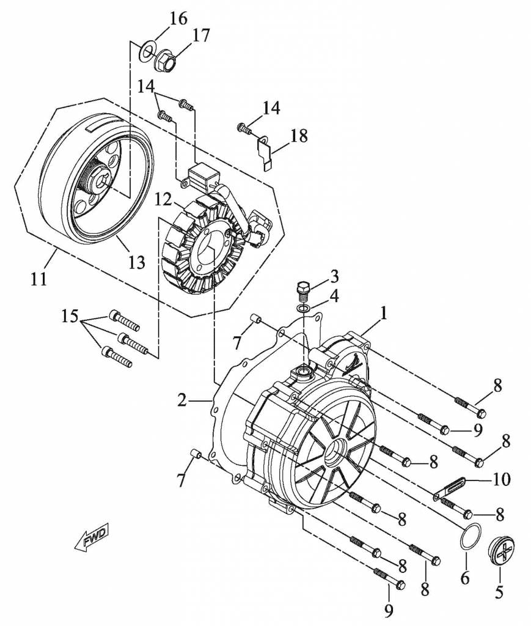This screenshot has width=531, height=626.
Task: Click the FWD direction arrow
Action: point(92,538)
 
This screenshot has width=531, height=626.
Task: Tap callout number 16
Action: point(178,18)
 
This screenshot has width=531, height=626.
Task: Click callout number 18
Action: point(299,136)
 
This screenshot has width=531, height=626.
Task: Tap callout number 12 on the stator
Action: point(164,200)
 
